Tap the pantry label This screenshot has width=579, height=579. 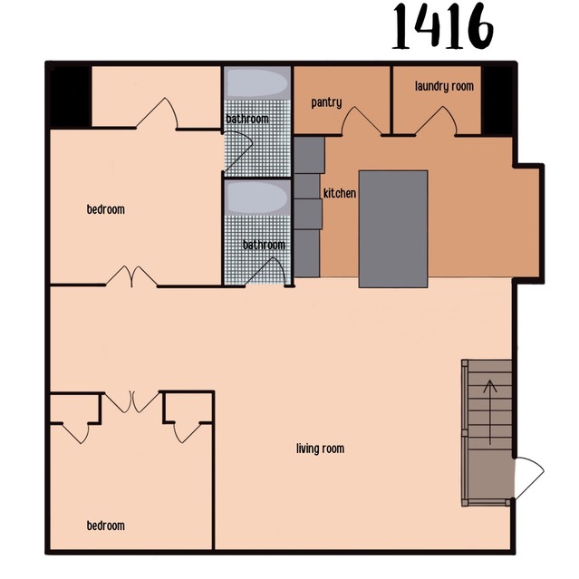pyautogui.click(x=326, y=102)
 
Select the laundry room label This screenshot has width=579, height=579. pyautogui.click(x=444, y=87)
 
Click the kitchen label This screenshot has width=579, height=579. pyautogui.click(x=340, y=194)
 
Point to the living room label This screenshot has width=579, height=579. pyautogui.click(x=321, y=449)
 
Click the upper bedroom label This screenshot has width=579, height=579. pyautogui.click(x=106, y=210)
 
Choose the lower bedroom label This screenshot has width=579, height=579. pyautogui.click(x=106, y=526)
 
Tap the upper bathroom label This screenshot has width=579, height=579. pyautogui.click(x=246, y=120)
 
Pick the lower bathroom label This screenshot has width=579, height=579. pyautogui.click(x=264, y=245)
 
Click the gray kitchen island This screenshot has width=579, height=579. pyautogui.click(x=392, y=228)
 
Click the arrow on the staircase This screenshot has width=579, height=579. pyautogui.click(x=491, y=412)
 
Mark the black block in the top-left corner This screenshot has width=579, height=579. pyautogui.click(x=67, y=96)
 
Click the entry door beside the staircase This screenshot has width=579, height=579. pyautogui.click(x=527, y=478)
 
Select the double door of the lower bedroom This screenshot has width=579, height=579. pyautogui.click(x=133, y=401)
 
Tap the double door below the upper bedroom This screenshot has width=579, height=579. pyautogui.click(x=133, y=276)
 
